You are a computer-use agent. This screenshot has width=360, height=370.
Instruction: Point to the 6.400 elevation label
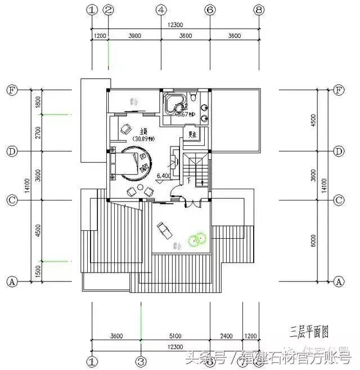tap(163, 176)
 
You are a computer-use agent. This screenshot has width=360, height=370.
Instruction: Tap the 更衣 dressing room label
tap(193, 135)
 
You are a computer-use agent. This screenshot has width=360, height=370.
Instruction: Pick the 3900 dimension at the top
tap(134, 36)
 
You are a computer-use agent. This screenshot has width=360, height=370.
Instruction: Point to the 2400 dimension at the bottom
tap(226, 337)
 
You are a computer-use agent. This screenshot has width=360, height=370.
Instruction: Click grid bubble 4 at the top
tap(161, 10)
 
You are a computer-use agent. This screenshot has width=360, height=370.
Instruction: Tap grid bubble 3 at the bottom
tap(141, 360)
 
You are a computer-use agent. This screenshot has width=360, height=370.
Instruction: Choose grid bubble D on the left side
tap(11, 151)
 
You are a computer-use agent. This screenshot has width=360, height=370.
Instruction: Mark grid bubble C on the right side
tap(339, 200)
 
